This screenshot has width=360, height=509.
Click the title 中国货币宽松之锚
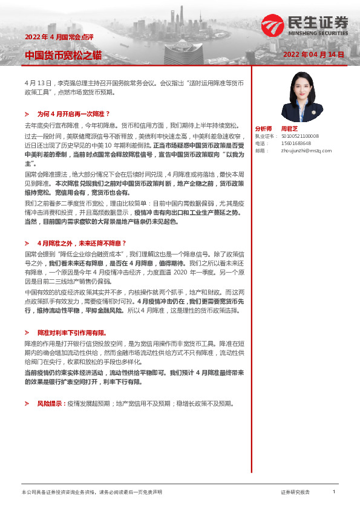[x=63, y=56]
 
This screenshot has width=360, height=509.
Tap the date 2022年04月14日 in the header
[x=313, y=54]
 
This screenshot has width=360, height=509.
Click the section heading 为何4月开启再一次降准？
[x=73, y=114]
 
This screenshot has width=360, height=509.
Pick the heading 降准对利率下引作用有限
[x=71, y=332]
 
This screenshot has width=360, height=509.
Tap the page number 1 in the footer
[x=334, y=492]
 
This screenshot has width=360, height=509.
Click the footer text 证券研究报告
[x=295, y=493]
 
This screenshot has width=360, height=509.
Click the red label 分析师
[x=263, y=129]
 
